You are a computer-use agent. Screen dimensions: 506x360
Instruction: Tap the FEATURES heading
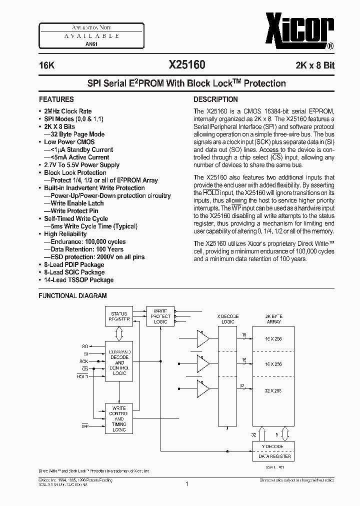click(56, 99)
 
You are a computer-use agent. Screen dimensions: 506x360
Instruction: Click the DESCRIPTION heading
click(215, 99)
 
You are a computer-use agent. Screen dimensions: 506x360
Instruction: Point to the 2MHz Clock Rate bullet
click(68, 111)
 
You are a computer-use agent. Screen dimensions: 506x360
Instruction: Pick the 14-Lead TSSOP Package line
click(78, 280)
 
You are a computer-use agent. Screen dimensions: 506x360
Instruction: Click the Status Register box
click(119, 316)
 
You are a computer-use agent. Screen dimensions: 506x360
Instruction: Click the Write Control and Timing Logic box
click(119, 419)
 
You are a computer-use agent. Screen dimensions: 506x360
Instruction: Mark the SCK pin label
click(83, 361)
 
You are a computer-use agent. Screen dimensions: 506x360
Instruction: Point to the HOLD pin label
click(82, 375)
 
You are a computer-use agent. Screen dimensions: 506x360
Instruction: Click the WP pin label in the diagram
click(84, 426)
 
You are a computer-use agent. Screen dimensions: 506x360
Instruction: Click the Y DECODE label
click(272, 446)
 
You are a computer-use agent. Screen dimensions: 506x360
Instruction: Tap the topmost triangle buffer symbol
click(203, 339)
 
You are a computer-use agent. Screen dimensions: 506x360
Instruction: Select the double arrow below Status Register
click(119, 333)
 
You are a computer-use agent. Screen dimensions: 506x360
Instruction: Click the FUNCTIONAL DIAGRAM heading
click(73, 295)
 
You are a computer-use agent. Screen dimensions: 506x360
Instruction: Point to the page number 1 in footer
click(186, 484)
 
